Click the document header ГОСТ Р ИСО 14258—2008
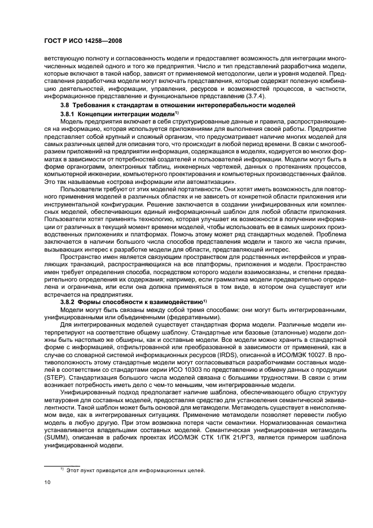[84, 41]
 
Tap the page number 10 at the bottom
[47, 483]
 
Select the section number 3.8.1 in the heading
[68, 115]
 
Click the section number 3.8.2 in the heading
[68, 302]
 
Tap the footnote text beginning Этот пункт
[135, 470]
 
